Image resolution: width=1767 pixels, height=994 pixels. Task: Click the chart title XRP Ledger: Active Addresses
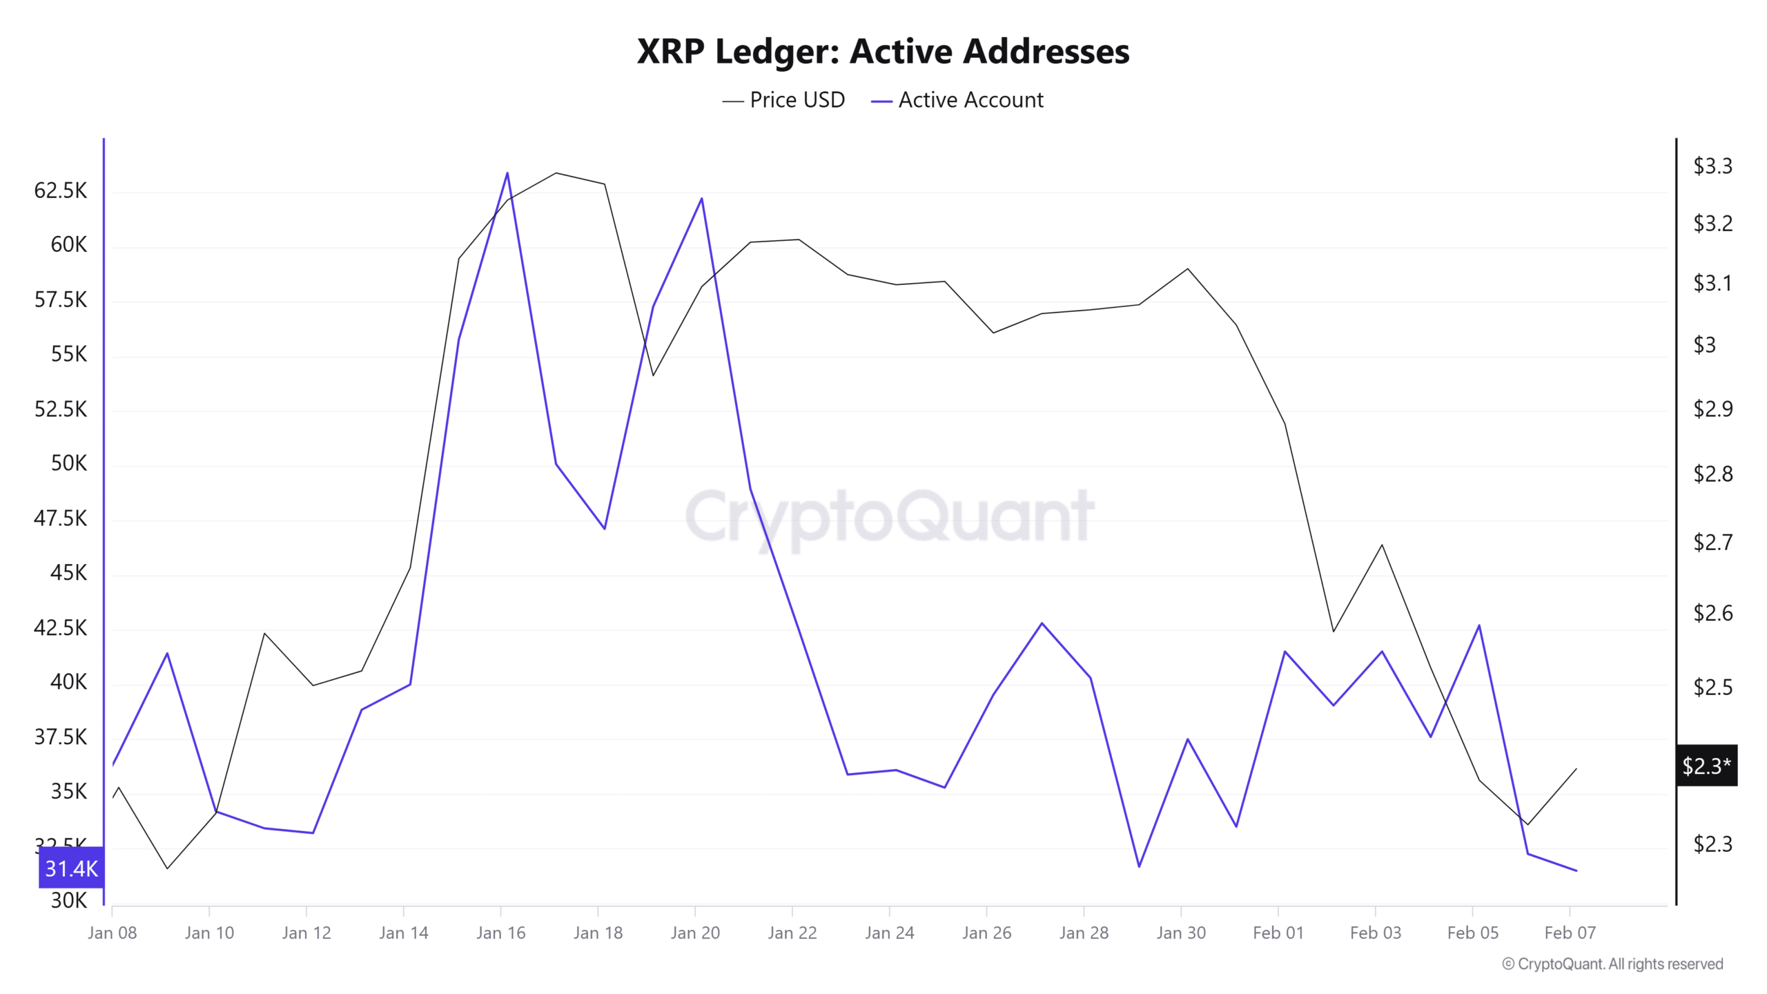tap(883, 52)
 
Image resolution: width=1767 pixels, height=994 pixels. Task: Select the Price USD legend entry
tap(783, 100)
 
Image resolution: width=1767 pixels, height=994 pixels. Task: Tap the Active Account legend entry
tap(957, 100)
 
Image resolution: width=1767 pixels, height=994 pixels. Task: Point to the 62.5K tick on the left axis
tap(61, 191)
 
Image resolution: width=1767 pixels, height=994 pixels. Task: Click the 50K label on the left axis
tap(69, 463)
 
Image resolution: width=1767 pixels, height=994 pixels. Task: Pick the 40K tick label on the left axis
tap(69, 682)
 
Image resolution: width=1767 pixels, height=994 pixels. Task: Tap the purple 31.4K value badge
tap(71, 868)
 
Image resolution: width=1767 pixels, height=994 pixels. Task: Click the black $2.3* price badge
tap(1706, 766)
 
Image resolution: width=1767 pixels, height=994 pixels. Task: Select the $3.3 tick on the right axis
tap(1712, 166)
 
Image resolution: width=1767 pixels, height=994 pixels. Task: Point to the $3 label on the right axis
tap(1704, 344)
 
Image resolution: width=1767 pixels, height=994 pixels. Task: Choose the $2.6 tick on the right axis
tap(1712, 613)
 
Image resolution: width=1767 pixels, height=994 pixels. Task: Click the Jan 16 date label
tap(500, 933)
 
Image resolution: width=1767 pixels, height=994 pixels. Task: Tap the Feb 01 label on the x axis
tap(1278, 933)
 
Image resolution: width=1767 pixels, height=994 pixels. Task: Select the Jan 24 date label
tap(889, 933)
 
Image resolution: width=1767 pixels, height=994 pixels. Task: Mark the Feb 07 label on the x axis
tap(1570, 933)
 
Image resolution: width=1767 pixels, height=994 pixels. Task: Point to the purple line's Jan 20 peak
tap(701, 199)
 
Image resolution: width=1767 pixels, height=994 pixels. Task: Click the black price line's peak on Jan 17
tap(556, 173)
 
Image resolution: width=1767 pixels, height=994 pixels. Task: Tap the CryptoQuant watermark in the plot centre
tap(889, 516)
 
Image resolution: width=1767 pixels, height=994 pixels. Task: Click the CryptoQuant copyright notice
tap(1612, 964)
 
